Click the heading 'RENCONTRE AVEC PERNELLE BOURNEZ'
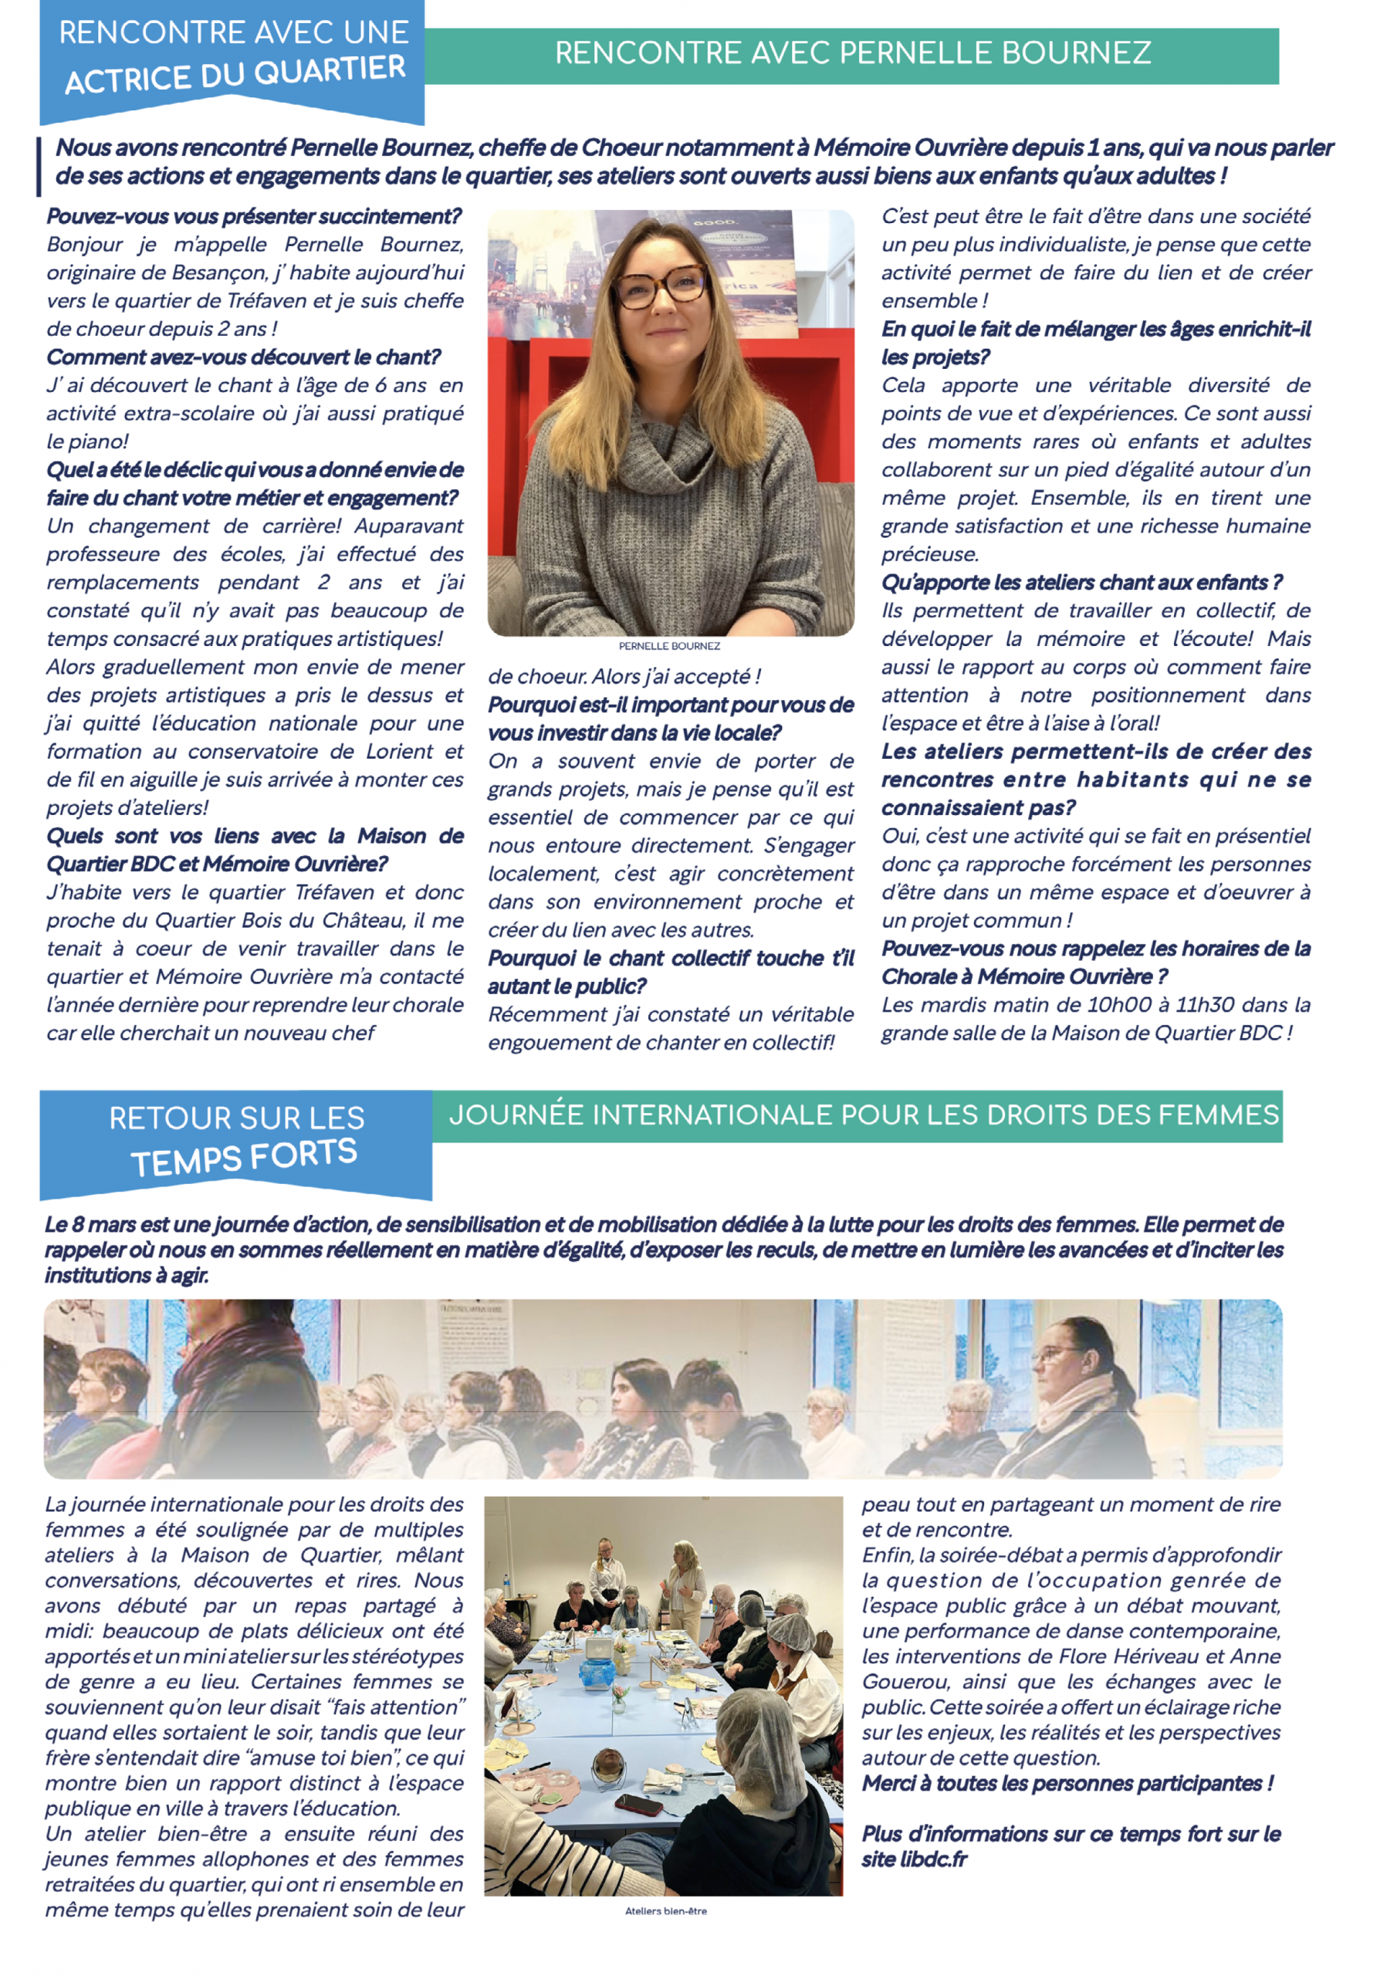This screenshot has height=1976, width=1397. [852, 53]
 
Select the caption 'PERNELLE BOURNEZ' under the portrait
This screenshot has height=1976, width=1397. [669, 646]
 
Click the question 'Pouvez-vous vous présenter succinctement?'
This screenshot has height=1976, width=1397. [254, 216]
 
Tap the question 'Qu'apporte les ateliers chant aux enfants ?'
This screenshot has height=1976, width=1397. [1081, 583]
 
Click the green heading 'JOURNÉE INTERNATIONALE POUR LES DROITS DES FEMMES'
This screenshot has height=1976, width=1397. [864, 1115]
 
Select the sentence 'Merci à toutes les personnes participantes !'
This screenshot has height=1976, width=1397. [1067, 1783]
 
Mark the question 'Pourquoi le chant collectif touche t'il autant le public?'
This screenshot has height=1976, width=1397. [671, 973]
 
